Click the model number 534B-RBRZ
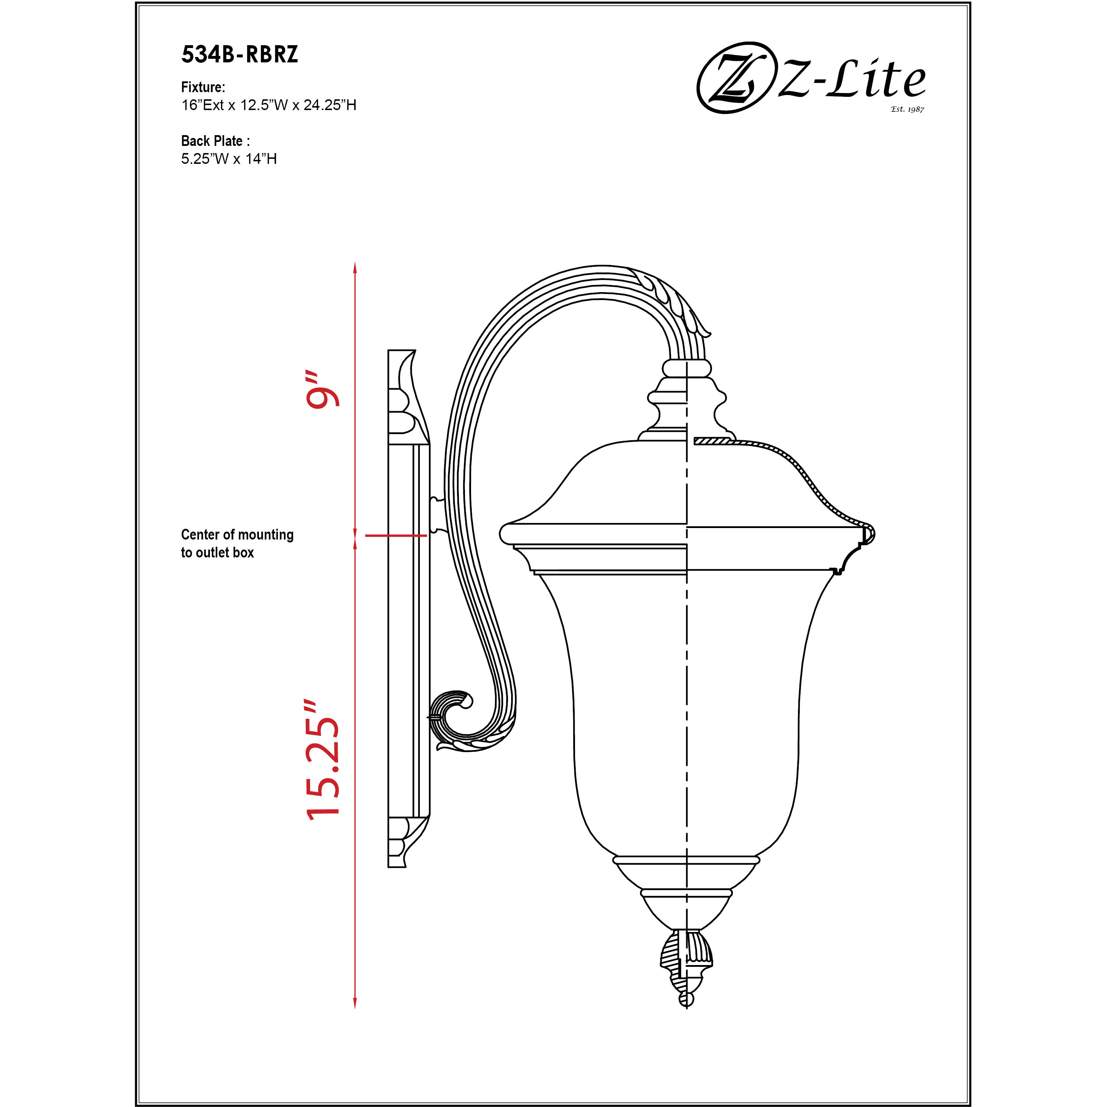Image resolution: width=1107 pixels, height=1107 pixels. coord(239,54)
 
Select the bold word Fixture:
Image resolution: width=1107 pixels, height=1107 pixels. coord(203,87)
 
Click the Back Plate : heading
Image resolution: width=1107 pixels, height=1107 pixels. coord(215,141)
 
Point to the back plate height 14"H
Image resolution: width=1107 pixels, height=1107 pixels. coord(261,159)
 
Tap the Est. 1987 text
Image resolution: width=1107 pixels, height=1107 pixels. coord(907,109)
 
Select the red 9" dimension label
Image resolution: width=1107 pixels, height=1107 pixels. coord(322,390)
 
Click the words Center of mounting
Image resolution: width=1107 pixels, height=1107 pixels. coord(237,535)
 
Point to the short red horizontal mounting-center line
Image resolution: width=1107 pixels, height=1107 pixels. coord(395,535)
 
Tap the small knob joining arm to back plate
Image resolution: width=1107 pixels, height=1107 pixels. coord(437,514)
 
